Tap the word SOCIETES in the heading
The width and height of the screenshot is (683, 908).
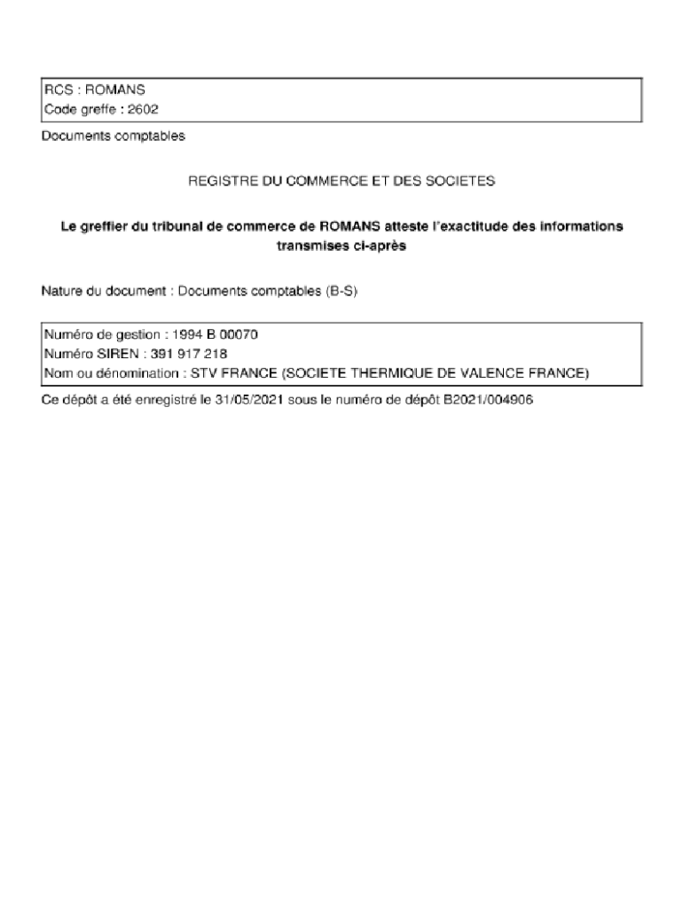[463, 181]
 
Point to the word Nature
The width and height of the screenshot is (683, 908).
[63, 291]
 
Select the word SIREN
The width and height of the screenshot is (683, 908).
[112, 354]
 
